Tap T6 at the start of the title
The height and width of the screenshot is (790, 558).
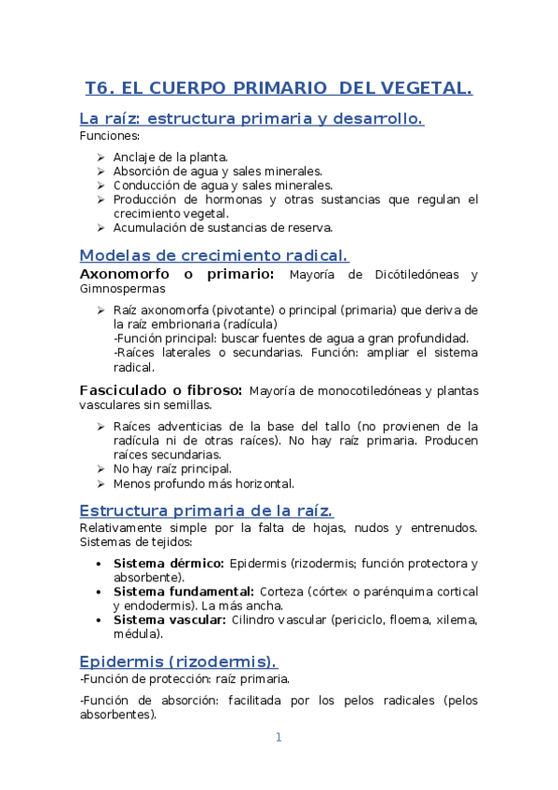[x=98, y=89]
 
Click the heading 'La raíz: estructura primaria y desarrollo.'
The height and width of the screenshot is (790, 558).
[x=252, y=119]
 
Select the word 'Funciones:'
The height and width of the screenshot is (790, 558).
[x=109, y=136]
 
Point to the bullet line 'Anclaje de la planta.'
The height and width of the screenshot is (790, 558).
[x=170, y=157]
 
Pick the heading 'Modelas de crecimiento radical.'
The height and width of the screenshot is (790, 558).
[x=214, y=255]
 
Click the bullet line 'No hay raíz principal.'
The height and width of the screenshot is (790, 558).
[x=172, y=469]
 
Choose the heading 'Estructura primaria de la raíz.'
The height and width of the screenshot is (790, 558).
[x=206, y=511]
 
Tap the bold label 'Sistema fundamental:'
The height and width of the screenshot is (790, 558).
[x=184, y=592]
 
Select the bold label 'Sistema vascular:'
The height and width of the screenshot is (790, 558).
[x=170, y=620]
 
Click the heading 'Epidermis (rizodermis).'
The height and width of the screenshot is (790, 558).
[x=178, y=661]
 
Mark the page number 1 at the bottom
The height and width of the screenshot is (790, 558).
[x=278, y=738]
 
